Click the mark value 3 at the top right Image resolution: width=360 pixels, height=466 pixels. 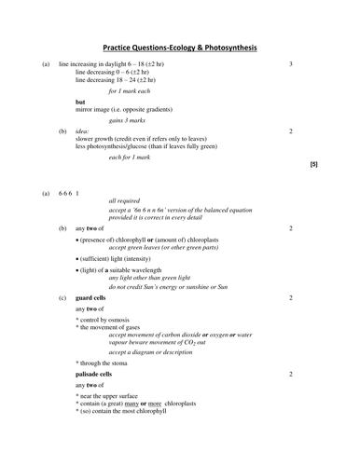(x=291, y=63)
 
